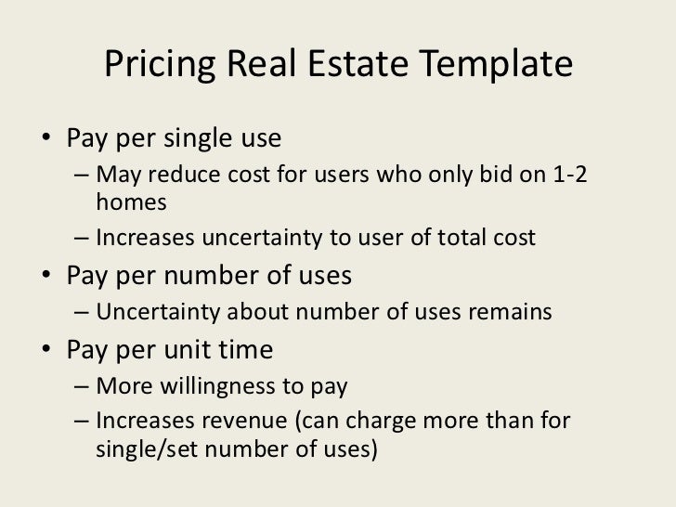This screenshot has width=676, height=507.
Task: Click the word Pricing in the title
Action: tap(155, 65)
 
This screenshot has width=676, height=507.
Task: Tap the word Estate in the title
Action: tap(371, 65)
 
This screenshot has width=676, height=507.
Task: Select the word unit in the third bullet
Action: tap(188, 351)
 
